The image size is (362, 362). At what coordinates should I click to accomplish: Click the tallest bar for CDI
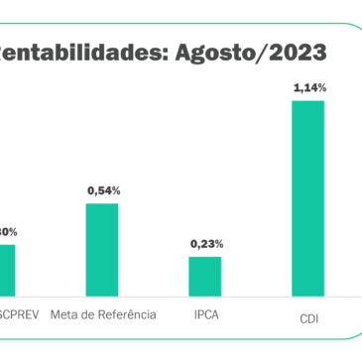click(308, 198)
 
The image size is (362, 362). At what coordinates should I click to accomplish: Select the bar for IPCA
click(205, 276)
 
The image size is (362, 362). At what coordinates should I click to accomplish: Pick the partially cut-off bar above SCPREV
click(7, 270)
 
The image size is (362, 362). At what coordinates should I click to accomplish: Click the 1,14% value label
click(309, 88)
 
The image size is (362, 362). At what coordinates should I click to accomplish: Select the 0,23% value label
click(206, 243)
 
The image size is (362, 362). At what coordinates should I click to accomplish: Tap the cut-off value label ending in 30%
click(8, 231)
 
